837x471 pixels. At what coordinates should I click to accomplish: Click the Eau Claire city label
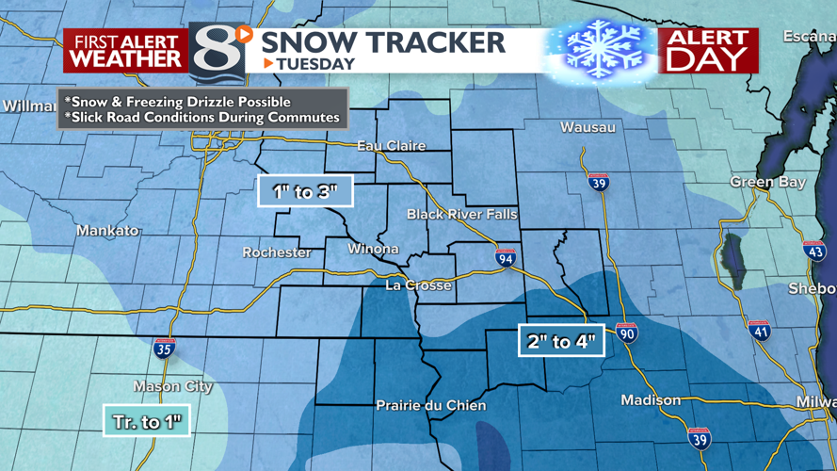392,146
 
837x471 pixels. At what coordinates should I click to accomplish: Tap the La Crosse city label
419,284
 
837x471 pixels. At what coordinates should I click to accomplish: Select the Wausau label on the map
588,127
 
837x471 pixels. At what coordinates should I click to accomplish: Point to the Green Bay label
768,182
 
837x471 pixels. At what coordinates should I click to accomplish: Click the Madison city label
651,400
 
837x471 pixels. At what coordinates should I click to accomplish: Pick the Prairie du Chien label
431,405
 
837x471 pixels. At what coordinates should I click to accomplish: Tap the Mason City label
172,386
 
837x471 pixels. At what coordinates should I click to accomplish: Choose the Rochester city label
277,252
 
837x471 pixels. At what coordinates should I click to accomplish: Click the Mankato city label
107,231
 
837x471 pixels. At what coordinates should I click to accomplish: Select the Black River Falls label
461,215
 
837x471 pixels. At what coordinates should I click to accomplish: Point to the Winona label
374,250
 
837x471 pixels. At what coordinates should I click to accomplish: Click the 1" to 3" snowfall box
305,191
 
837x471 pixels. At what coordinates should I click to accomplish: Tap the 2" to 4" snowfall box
561,341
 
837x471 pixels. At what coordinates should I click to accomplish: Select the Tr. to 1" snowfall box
147,421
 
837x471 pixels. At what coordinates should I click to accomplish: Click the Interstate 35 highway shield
164,348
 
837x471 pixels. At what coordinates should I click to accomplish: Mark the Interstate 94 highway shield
506,257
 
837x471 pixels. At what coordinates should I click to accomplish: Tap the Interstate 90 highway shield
627,332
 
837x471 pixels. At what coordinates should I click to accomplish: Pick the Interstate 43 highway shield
814,251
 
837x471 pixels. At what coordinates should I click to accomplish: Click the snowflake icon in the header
601,48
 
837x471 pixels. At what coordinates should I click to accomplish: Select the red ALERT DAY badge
708,51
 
